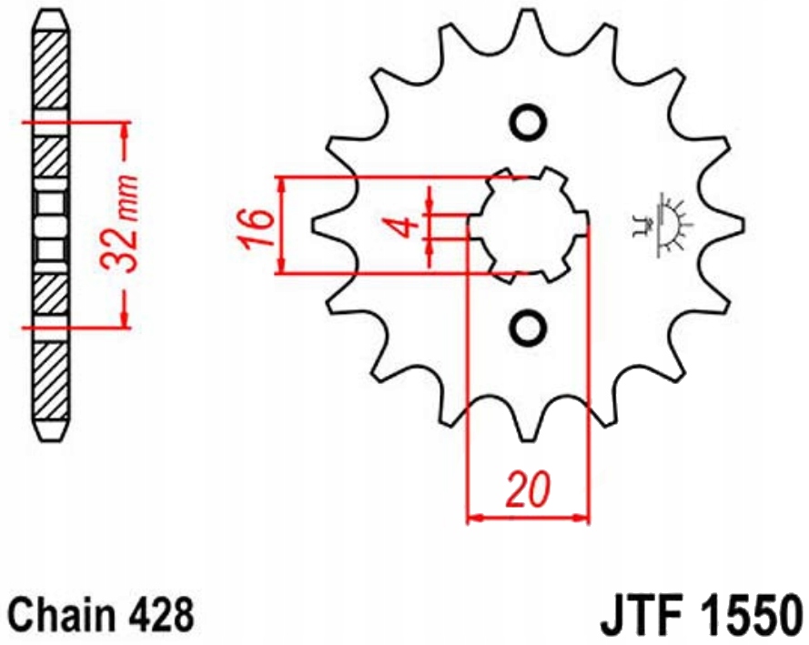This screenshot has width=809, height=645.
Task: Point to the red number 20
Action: coord(528,489)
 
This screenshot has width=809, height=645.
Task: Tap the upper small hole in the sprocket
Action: coord(528,122)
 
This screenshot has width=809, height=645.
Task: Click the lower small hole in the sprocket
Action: coord(528,328)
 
